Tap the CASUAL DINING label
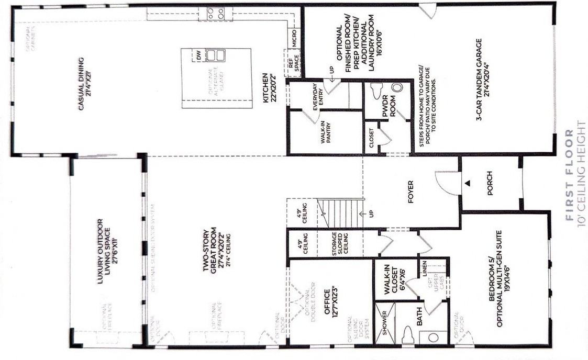tap(86, 87)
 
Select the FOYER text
tap(411, 192)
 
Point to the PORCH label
tap(490, 184)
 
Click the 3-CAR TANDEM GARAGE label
tap(482, 79)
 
